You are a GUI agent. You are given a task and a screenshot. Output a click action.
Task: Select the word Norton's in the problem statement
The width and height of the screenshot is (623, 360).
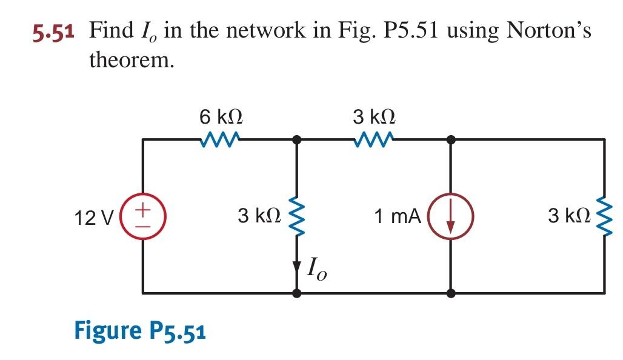coord(549,30)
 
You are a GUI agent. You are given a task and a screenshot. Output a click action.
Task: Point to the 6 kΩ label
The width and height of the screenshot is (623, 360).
coord(222,116)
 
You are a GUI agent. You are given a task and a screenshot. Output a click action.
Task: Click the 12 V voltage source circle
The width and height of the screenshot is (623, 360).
coord(142,216)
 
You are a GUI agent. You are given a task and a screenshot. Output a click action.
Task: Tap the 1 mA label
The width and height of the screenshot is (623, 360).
coord(397,216)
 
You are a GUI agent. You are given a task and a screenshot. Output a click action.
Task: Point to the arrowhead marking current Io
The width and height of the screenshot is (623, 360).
coord(297,267)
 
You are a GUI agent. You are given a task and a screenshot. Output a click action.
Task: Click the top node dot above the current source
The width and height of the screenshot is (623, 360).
coord(450,139)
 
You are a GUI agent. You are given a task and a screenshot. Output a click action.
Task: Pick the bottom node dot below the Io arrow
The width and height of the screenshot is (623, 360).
coord(297,293)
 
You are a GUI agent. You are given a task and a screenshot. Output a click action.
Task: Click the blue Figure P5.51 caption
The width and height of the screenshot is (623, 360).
coord(140,331)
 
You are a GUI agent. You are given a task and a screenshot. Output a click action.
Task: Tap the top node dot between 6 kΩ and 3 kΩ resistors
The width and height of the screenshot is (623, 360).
coord(297,139)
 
